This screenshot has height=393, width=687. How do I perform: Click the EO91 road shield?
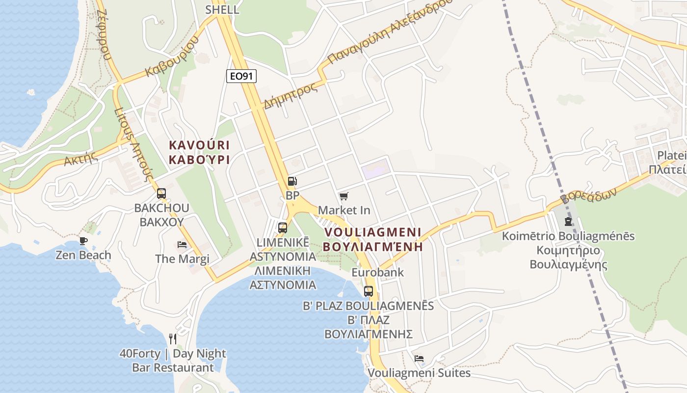click(241, 76)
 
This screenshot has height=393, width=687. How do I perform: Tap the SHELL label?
click(222, 9)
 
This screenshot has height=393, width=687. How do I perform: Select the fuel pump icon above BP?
click(292, 181)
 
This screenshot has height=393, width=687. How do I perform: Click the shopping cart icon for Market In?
click(343, 196)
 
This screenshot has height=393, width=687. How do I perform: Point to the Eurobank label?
click(378, 272)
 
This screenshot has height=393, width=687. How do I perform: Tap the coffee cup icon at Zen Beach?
click(83, 241)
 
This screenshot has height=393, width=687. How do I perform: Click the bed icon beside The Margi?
click(182, 244)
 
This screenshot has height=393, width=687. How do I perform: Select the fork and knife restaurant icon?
click(173, 338)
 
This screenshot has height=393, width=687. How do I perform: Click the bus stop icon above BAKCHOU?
click(161, 194)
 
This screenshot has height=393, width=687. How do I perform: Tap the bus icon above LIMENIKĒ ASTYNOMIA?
click(283, 228)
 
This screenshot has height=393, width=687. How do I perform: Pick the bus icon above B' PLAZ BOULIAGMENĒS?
click(369, 291)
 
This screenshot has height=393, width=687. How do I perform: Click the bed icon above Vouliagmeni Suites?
click(419, 359)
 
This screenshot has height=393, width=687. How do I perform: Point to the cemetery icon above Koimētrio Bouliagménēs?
click(568, 222)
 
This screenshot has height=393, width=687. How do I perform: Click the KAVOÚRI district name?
click(199, 145)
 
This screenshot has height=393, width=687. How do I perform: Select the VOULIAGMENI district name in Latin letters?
click(373, 232)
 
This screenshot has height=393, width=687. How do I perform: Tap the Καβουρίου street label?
click(172, 58)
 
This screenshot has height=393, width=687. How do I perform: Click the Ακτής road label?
click(79, 159)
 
